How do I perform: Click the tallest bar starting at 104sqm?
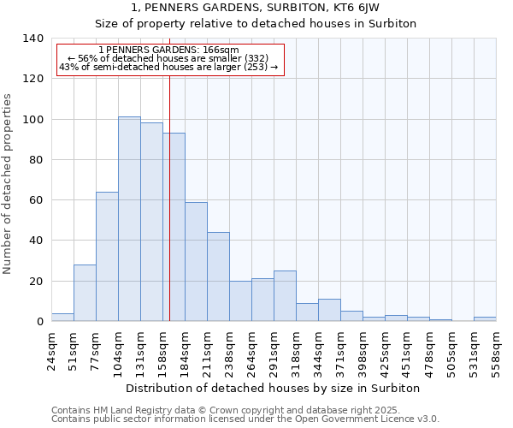pos(129,219)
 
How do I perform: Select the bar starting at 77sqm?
pos(107,257)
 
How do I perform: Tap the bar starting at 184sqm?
pos(196,262)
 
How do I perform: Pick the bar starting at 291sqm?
pos(285,296)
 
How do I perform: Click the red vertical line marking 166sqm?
pos(169,214)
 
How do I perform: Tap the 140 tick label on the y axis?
pos(33,39)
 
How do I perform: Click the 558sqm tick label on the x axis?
pos(496,351)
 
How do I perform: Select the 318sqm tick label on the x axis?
pos(296,351)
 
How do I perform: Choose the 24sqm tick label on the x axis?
pos(51,351)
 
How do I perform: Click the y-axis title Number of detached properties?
pos(9,183)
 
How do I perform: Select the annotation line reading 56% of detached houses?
pos(168,58)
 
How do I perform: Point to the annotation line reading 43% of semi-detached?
pos(168,67)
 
